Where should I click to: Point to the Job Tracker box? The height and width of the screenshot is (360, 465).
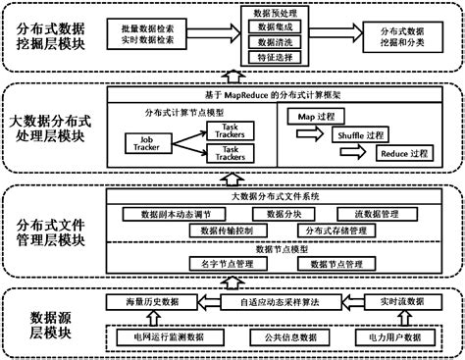(144, 142)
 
